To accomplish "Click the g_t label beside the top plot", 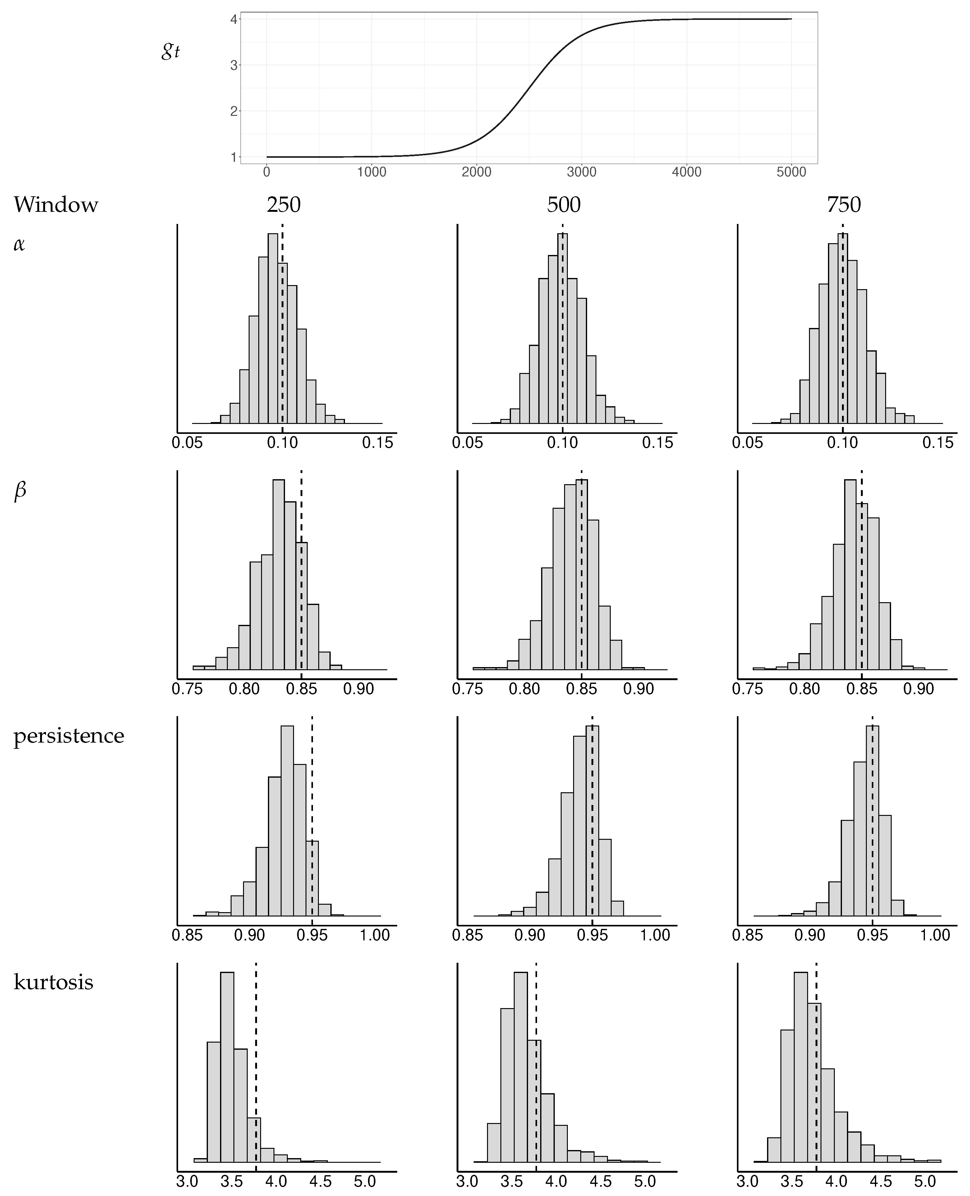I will (170, 51).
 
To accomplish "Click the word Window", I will (56, 205).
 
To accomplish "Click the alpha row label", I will (19, 244).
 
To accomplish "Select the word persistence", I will (69, 736).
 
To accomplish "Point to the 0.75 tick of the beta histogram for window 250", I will (187, 689).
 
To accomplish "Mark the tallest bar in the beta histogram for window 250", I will (278, 575).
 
